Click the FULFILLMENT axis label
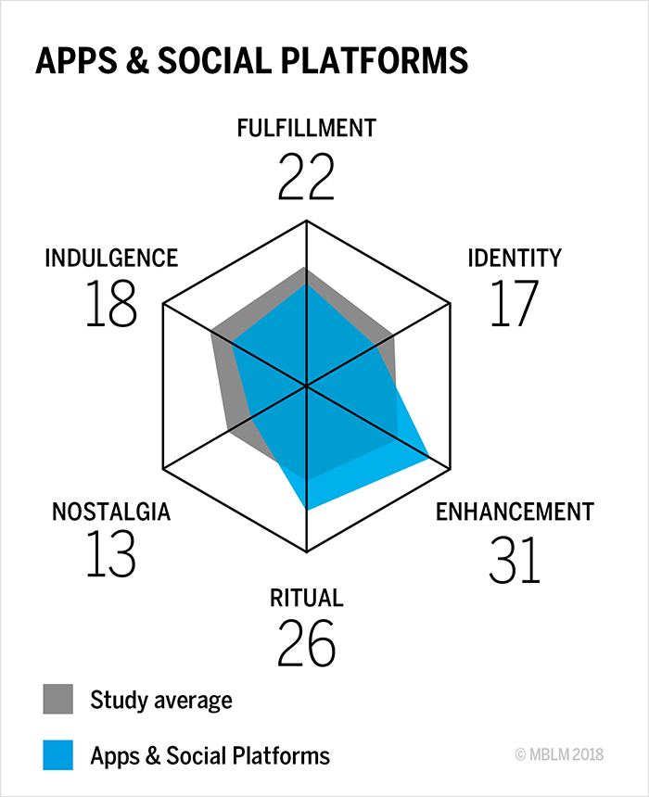306,128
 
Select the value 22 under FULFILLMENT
306,177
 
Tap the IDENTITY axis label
514,258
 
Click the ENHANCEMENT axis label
515,511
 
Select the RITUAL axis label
306,598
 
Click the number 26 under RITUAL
306,644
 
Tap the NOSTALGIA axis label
111,511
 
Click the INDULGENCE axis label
111,258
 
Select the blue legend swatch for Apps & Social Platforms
57,755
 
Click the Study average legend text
160,700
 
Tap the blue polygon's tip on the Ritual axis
306,509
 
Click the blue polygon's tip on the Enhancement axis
428,457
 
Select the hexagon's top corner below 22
306,221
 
